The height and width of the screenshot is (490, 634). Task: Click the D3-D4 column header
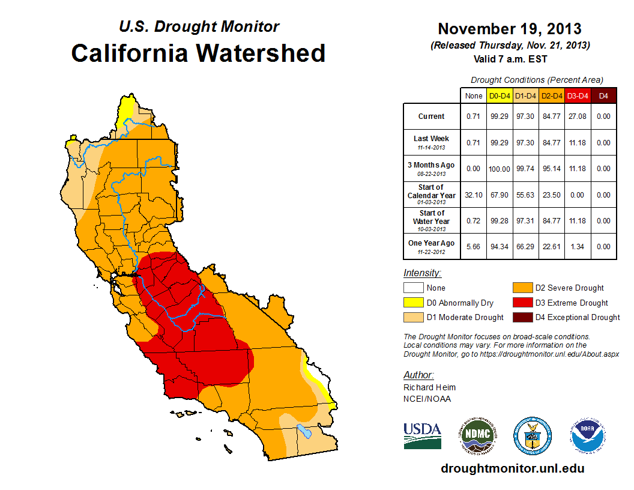pyautogui.click(x=578, y=95)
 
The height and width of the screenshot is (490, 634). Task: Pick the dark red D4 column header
pyautogui.click(x=603, y=95)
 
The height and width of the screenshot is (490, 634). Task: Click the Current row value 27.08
pyautogui.click(x=578, y=116)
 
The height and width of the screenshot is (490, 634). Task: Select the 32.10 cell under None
pyautogui.click(x=473, y=195)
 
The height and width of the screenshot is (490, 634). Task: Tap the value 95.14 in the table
pyautogui.click(x=552, y=169)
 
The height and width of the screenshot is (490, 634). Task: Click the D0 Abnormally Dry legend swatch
pyautogui.click(x=413, y=303)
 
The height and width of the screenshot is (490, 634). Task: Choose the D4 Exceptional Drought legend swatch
pyautogui.click(x=522, y=317)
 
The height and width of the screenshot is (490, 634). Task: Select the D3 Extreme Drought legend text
pyautogui.click(x=572, y=303)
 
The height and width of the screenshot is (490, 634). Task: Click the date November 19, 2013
pyautogui.click(x=509, y=29)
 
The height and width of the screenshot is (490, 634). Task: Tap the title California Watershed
pyautogui.click(x=198, y=53)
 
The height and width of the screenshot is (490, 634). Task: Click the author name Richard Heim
pyautogui.click(x=429, y=387)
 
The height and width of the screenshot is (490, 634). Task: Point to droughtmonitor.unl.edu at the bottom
pyautogui.click(x=512, y=468)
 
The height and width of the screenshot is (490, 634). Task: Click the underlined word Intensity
pyautogui.click(x=422, y=273)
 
